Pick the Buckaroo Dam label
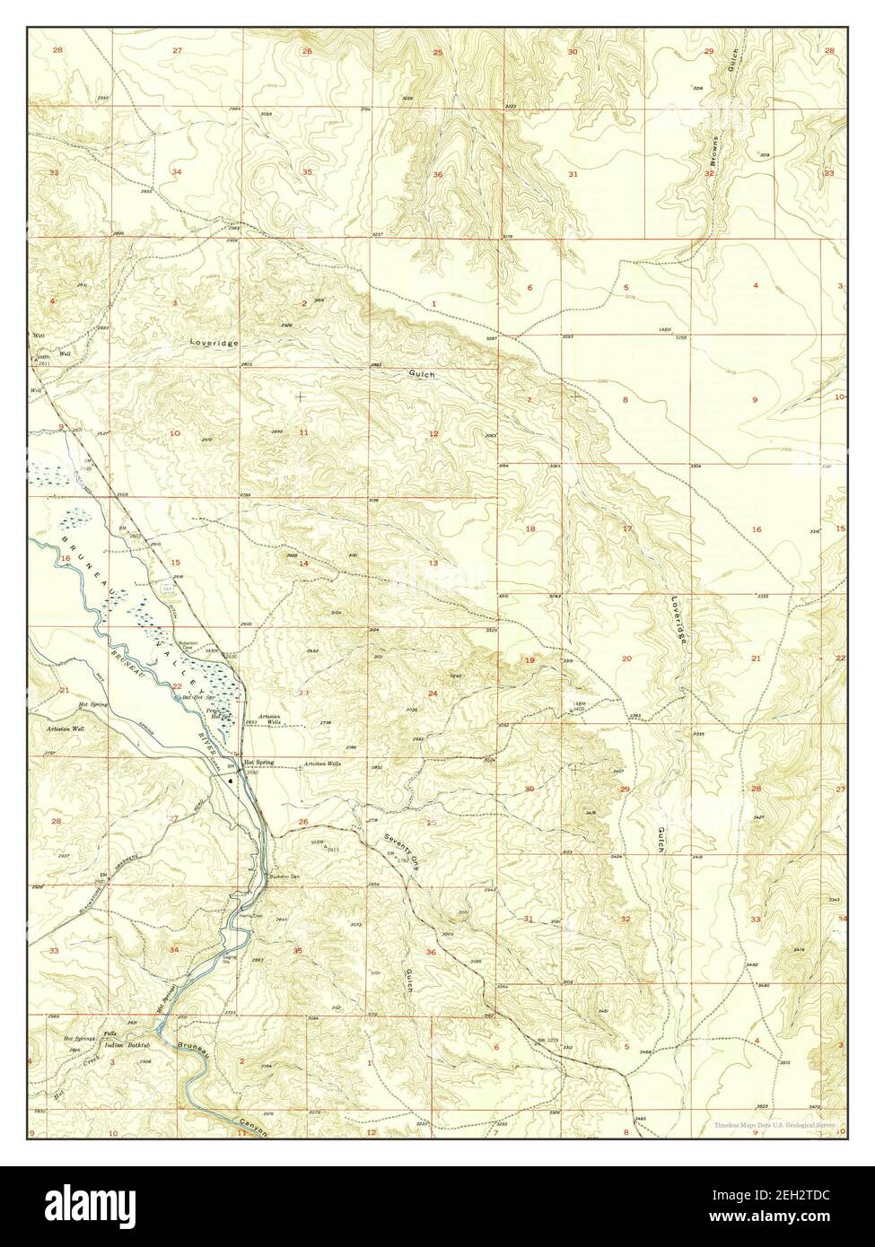click(x=274, y=876)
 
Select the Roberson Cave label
click(x=216, y=642)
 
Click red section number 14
click(x=303, y=563)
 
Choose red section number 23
click(x=303, y=693)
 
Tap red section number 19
click(x=529, y=660)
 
